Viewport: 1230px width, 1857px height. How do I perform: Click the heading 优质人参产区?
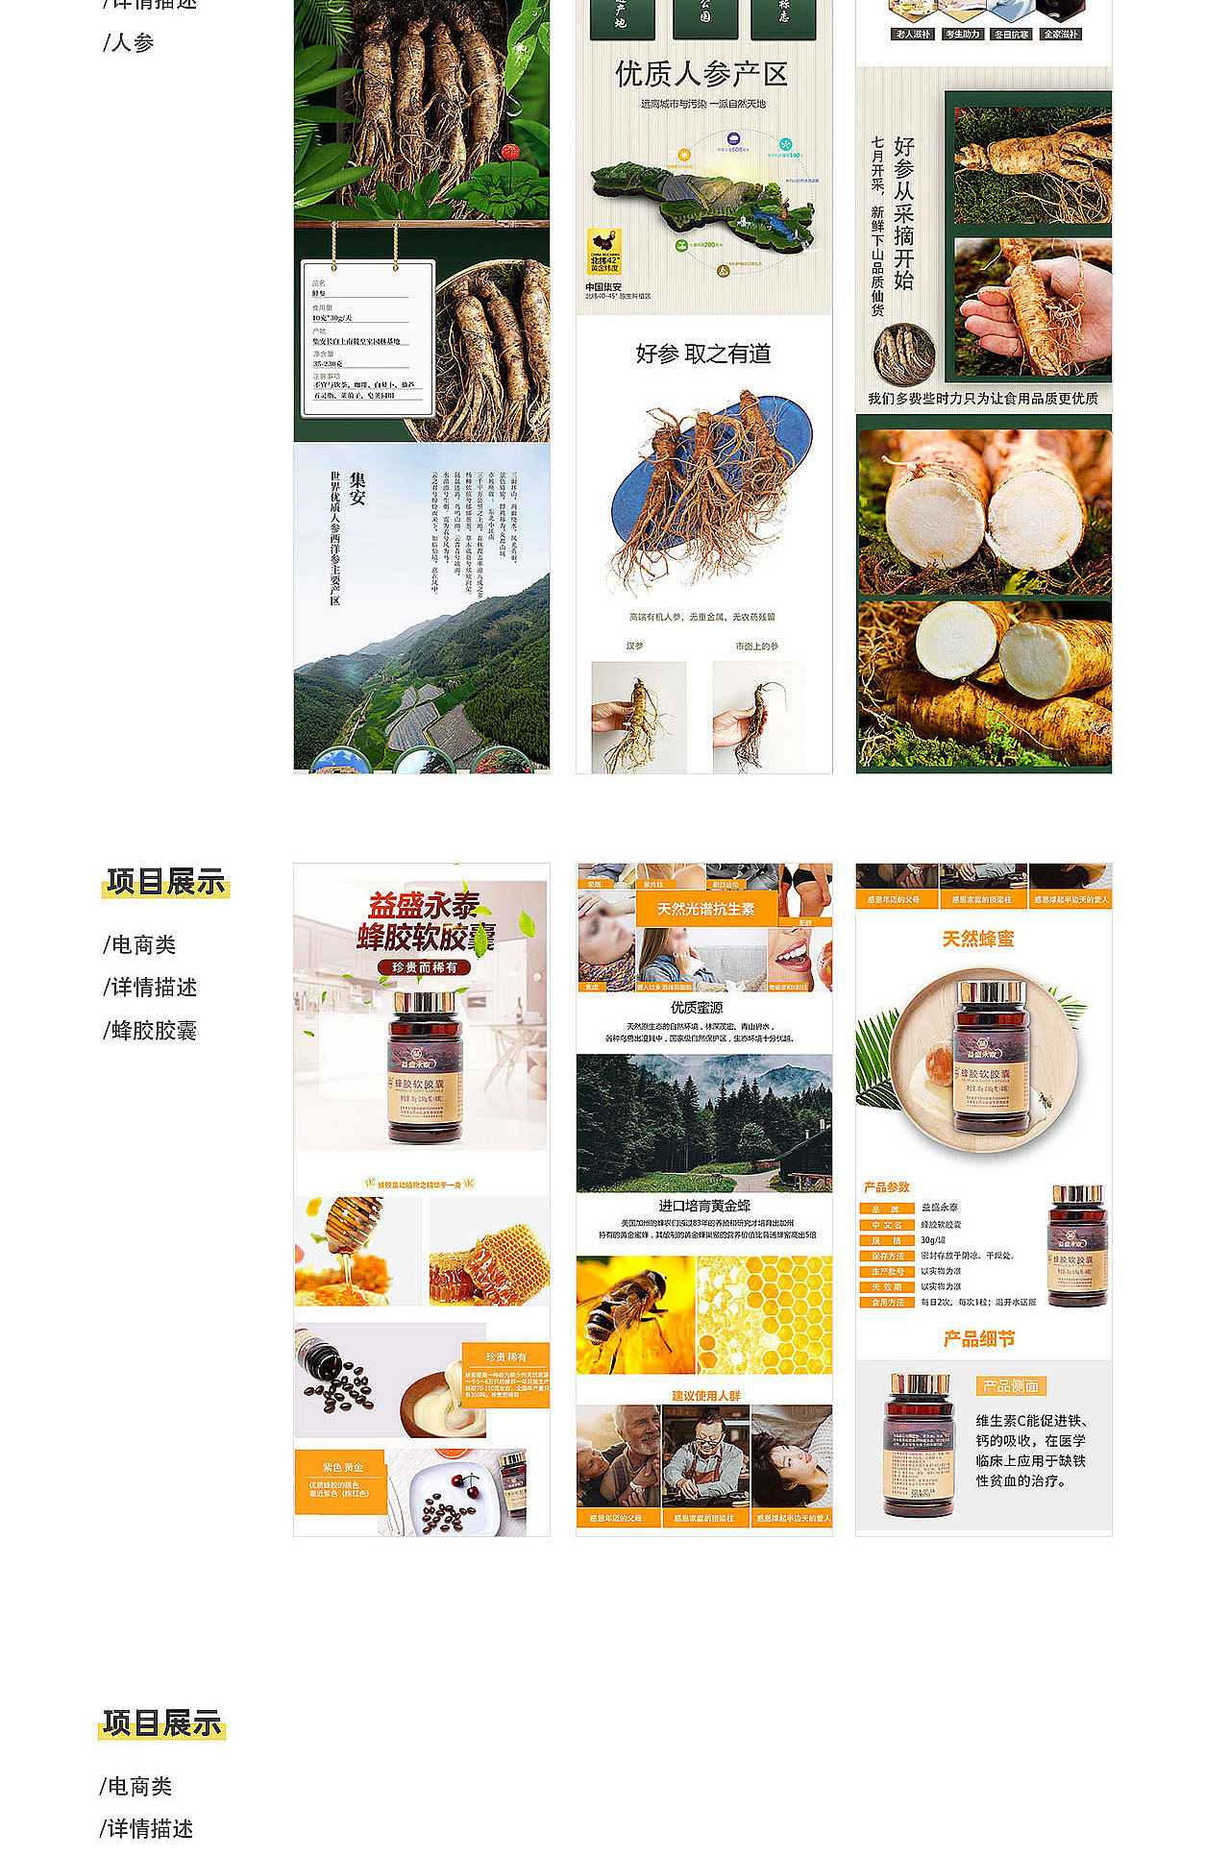(701, 74)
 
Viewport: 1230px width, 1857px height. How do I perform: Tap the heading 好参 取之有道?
(703, 354)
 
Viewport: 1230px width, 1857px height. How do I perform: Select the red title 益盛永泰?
(424, 905)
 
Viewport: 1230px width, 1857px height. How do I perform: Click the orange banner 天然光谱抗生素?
(705, 909)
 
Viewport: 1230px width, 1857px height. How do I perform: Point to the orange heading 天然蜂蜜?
(978, 939)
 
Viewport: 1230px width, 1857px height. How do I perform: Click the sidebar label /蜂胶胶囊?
(150, 1031)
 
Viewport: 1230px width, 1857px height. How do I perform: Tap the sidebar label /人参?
(129, 43)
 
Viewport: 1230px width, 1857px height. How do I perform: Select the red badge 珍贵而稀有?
(424, 967)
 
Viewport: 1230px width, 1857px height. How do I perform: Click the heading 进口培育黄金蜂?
(703, 1206)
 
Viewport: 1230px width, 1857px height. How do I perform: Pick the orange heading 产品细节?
(978, 1339)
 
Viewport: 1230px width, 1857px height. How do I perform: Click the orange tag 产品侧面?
(1011, 1385)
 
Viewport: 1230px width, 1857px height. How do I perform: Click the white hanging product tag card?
(368, 338)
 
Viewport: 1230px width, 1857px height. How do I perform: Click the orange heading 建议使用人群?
(705, 1395)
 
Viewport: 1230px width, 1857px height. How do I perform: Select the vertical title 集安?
(357, 488)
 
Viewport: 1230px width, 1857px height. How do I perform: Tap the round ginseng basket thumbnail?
(904, 354)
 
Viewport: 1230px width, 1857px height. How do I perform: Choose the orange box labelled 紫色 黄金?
(342, 1479)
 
